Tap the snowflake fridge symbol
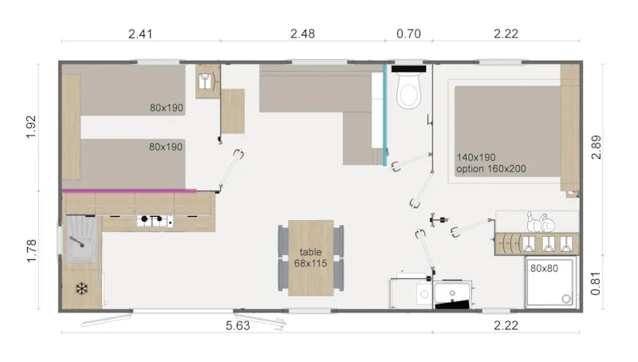point(81,288)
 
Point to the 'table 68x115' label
point(311,258)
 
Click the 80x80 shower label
point(544,268)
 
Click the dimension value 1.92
point(33,125)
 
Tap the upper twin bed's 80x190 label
point(166,107)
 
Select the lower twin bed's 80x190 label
point(166,147)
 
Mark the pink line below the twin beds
point(129,191)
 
